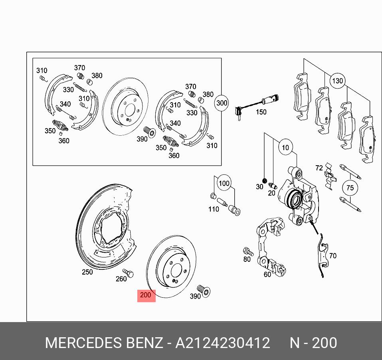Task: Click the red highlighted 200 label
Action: [x=146, y=295]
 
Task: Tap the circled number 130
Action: [x=337, y=81]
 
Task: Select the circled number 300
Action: [x=222, y=103]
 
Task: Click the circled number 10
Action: [x=285, y=148]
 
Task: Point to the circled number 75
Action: [x=350, y=188]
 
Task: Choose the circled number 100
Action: [x=224, y=183]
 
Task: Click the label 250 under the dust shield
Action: [x=87, y=272]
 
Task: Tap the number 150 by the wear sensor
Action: [x=261, y=112]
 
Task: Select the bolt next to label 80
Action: [x=248, y=251]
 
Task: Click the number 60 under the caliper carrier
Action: [x=267, y=275]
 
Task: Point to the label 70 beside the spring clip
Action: [x=333, y=256]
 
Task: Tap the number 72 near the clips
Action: [x=319, y=168]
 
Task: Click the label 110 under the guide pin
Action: [x=214, y=209]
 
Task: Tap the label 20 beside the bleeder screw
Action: [x=271, y=193]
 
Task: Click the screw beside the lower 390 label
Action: [x=204, y=291]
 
